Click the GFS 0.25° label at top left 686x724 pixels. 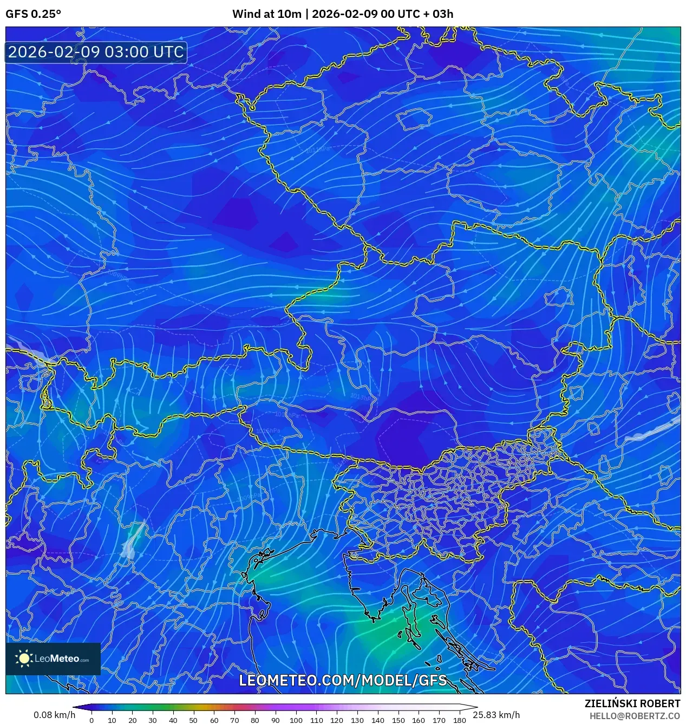click(x=33, y=14)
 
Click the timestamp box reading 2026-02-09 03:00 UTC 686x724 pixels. click(x=96, y=52)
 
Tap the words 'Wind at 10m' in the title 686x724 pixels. click(x=266, y=14)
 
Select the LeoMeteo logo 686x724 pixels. click(x=53, y=658)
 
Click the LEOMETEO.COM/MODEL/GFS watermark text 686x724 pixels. click(x=343, y=680)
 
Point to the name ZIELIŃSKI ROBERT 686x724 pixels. click(x=632, y=703)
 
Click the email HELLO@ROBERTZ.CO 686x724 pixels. click(x=635, y=715)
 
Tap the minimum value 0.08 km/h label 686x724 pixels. click(x=54, y=715)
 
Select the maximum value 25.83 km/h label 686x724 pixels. click(x=496, y=715)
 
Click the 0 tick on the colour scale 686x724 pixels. click(x=92, y=720)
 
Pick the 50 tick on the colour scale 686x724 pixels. click(x=194, y=720)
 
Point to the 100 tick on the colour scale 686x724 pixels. click(x=296, y=720)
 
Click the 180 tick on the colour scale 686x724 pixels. click(x=459, y=720)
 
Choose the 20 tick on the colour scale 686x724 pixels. click(x=132, y=720)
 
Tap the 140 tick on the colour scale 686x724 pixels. click(x=377, y=720)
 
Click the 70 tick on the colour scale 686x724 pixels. click(x=234, y=720)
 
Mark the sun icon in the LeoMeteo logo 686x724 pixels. click(x=24, y=658)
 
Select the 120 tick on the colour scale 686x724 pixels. click(x=337, y=720)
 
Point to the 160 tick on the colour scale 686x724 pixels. click(x=419, y=720)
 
